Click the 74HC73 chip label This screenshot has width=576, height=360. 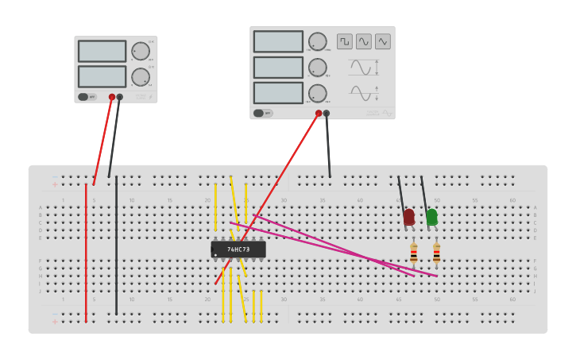tap(238, 250)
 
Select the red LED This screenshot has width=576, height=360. tap(409, 216)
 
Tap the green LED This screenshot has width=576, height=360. tap(431, 216)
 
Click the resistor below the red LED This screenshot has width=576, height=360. tap(414, 253)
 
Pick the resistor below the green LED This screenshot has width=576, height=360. tap(436, 253)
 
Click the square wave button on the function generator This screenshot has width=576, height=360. tap(344, 41)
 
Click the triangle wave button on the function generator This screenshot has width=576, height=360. tap(383, 41)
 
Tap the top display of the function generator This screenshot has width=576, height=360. tap(278, 41)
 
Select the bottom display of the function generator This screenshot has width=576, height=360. tap(278, 93)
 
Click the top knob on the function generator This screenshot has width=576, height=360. tap(317, 42)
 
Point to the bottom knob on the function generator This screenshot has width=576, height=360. tap(317, 94)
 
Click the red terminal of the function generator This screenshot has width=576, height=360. tap(319, 113)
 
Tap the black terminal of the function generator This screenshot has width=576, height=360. tap(327, 113)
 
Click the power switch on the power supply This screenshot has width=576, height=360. tap(83, 97)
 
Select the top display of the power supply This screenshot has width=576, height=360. tap(102, 51)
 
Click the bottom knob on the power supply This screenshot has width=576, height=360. tap(140, 77)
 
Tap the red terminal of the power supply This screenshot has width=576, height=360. tap(112, 97)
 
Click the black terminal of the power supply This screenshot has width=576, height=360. tap(120, 97)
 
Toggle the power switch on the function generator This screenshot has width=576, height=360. tap(259, 113)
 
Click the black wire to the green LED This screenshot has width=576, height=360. tap(424, 194)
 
